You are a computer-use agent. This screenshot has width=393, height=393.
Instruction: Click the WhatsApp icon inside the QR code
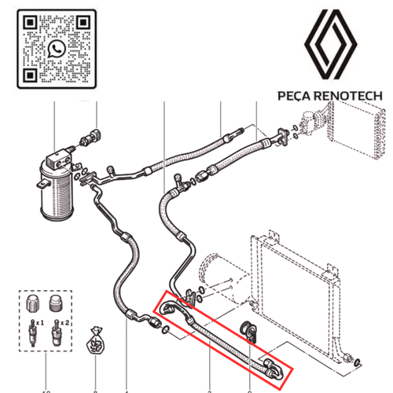(x=57, y=50)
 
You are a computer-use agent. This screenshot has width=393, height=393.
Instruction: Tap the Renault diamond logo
(x=330, y=44)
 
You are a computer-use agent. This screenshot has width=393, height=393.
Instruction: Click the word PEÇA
(x=294, y=96)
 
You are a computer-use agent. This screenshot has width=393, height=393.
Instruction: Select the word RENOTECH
(x=347, y=96)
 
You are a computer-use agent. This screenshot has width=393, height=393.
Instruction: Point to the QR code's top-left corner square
(x=30, y=22)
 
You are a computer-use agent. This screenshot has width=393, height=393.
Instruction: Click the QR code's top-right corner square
(x=83, y=22)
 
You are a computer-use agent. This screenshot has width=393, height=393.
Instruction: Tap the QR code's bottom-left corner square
(x=30, y=75)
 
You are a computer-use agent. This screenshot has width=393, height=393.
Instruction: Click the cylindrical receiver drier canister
(x=57, y=191)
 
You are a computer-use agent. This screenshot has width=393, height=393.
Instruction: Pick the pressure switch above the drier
(x=90, y=137)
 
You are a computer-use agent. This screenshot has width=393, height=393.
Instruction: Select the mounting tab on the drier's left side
(x=43, y=183)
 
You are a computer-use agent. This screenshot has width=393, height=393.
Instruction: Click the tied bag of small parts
(x=96, y=340)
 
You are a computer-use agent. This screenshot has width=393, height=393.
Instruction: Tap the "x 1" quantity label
(x=40, y=323)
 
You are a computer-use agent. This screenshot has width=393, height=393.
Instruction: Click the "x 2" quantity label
(x=64, y=323)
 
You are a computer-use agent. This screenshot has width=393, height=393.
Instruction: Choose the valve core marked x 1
(x=32, y=333)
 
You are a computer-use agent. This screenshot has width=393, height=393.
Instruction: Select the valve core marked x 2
(x=56, y=332)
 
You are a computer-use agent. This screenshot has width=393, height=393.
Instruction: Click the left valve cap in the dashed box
(x=32, y=303)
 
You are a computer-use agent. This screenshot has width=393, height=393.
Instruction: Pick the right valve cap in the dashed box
(x=56, y=303)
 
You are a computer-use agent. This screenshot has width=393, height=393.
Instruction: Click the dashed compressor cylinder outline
(x=215, y=270)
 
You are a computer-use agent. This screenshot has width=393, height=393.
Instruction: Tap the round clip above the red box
(x=249, y=331)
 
